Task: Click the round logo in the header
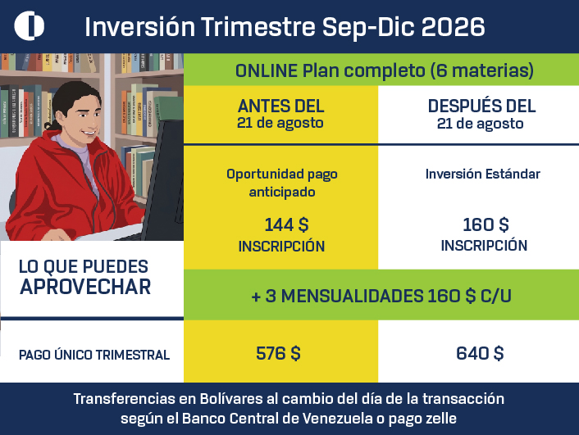(30, 25)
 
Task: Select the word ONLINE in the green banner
(267, 70)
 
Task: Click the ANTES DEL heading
(280, 106)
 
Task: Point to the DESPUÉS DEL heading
(481, 106)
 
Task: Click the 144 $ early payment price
(286, 224)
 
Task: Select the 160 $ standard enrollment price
(486, 224)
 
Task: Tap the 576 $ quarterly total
(278, 353)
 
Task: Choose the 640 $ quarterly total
(480, 353)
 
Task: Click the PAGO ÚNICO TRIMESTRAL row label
(94, 355)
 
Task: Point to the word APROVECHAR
(85, 287)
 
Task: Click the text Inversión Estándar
(482, 174)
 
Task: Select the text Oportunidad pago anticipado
(282, 183)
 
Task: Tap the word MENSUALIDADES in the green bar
(353, 296)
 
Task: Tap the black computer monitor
(164, 177)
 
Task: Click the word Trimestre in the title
(258, 26)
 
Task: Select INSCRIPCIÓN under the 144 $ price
(281, 246)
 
